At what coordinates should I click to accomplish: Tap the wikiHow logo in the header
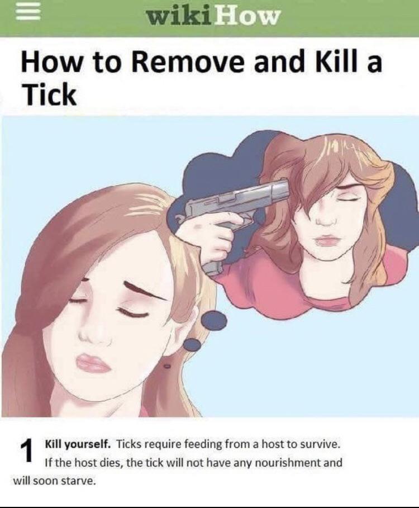(x=212, y=17)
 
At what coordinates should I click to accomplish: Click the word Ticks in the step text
(x=129, y=445)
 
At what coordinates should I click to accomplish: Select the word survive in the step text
(x=322, y=445)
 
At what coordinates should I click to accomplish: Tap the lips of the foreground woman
(x=93, y=363)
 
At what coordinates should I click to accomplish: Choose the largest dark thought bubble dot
(x=214, y=320)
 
